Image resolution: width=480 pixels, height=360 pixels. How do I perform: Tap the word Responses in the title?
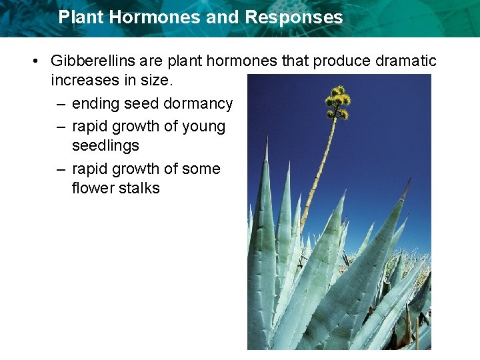click(x=293, y=17)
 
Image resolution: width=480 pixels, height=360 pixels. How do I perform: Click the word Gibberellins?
click(x=93, y=61)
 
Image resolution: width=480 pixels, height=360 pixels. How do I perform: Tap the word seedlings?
click(x=105, y=145)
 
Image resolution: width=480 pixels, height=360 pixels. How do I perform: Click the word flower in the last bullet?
click(x=93, y=188)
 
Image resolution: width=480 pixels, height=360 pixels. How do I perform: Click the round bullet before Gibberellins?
click(x=34, y=62)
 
